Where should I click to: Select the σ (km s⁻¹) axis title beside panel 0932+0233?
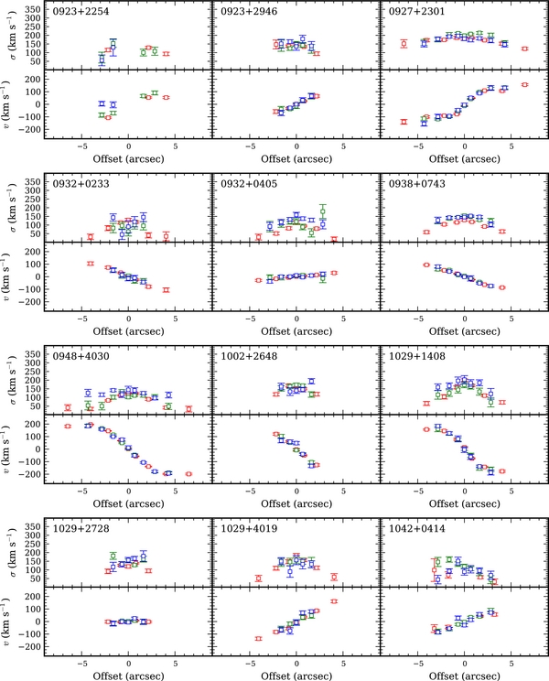coord(13,212)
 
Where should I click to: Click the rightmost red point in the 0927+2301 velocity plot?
coord(524,85)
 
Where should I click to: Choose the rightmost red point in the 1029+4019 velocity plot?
coord(334,601)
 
